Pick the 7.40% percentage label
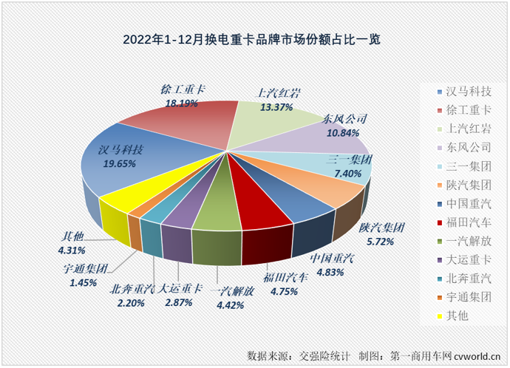point(347,173)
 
